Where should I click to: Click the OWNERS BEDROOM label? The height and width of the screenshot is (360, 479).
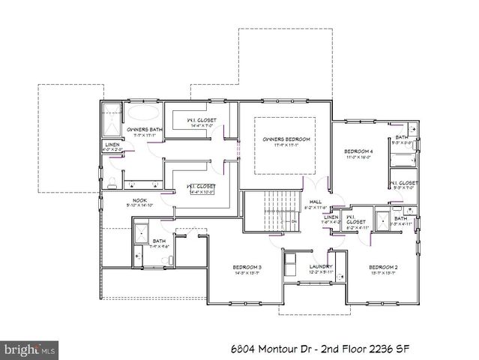click(286, 139)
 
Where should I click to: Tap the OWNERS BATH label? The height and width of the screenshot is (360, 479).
click(145, 129)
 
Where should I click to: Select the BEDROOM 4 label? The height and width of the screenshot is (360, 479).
click(358, 151)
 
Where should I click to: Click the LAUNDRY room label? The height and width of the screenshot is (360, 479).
click(319, 267)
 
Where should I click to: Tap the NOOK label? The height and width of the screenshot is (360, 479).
click(139, 200)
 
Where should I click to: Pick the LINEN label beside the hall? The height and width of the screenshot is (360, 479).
click(331, 217)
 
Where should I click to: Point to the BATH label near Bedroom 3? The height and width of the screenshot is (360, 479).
click(159, 241)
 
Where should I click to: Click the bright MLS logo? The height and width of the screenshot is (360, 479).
click(30, 349)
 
